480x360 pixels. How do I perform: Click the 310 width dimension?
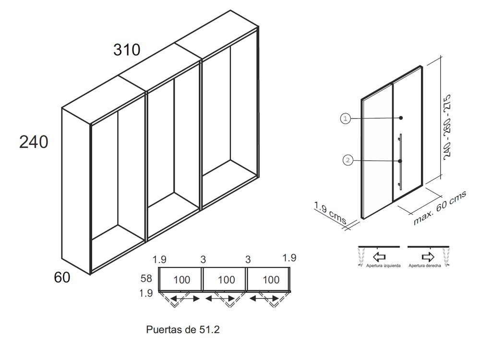[127, 49]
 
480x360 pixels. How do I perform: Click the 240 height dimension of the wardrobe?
[34, 142]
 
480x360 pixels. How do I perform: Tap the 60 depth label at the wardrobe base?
[62, 277]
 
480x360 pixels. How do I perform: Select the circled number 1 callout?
[345, 118]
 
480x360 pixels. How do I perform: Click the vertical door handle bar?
[400, 162]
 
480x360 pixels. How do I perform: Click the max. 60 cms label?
[440, 207]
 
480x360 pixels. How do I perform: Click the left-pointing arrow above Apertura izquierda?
[380, 256]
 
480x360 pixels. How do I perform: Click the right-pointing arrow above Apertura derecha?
[428, 256]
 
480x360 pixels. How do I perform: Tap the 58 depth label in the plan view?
[146, 278]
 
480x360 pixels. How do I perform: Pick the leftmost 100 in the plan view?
[182, 280]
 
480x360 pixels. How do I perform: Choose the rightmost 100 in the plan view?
[271, 280]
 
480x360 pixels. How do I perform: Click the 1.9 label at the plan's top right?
[289, 258]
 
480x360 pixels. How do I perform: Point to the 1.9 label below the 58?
[147, 293]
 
